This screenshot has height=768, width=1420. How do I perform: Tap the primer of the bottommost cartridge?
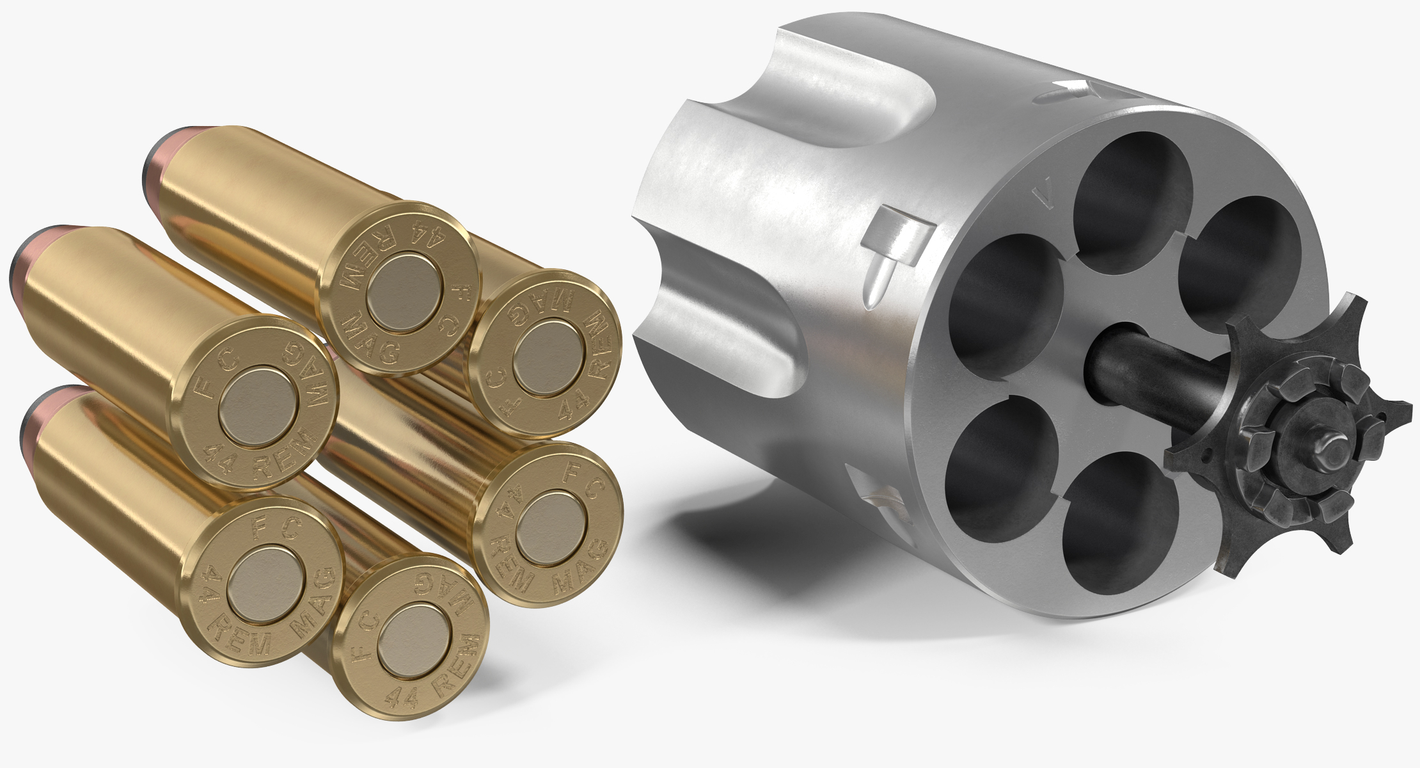pos(413,647)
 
